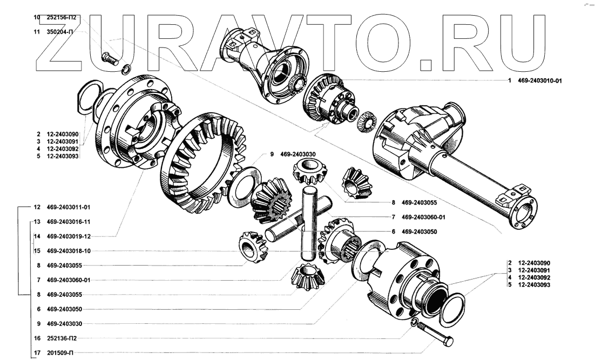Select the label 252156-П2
(x=62, y=17)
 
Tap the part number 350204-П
(x=60, y=32)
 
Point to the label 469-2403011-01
(x=69, y=207)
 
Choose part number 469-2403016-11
(x=69, y=222)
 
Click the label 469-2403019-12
(x=69, y=236)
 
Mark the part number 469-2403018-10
(x=69, y=251)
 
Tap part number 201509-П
(x=60, y=354)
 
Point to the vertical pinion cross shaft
(x=308, y=221)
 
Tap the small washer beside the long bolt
(x=414, y=322)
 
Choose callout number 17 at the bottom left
(x=37, y=354)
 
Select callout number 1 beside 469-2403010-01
(x=509, y=81)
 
